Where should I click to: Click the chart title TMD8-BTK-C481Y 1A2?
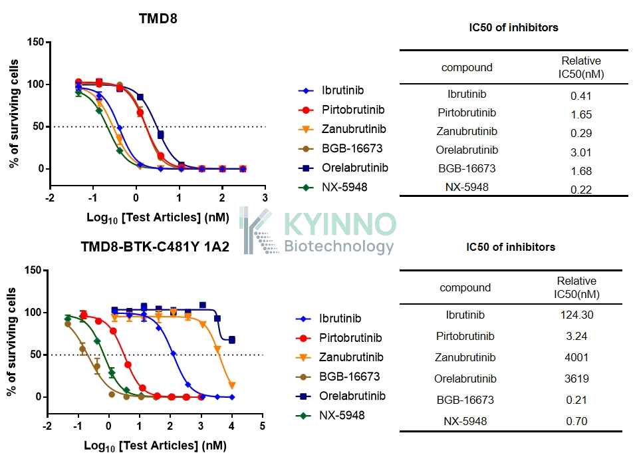155,246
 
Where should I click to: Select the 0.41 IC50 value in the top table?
581,96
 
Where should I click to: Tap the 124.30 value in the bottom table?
576,315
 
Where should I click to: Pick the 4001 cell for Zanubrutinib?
576,357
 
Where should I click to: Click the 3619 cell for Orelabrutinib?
576,379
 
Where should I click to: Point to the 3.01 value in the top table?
581,152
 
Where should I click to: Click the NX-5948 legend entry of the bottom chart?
330,415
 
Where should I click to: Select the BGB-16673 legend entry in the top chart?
340,148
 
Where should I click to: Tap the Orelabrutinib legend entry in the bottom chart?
340,396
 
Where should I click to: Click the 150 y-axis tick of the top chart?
35,42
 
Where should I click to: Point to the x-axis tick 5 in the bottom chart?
263,426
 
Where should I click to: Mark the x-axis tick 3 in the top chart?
265,198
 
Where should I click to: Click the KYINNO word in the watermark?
339,224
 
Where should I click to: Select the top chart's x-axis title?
158,218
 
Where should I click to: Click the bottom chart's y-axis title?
11,343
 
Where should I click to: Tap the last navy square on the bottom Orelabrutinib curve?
231,340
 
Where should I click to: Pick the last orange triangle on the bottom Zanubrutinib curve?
232,385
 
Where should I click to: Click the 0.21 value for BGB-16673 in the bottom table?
576,400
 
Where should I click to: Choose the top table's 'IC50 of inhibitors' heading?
513,27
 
